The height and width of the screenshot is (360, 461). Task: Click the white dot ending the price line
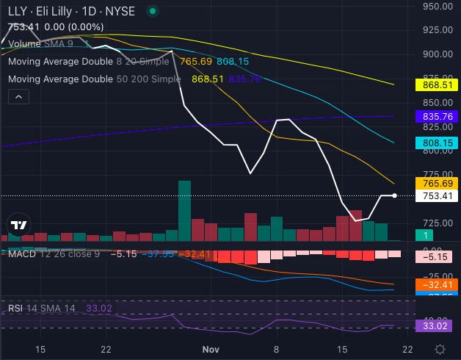coord(395,195)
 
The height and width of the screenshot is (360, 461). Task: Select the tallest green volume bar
coord(184,211)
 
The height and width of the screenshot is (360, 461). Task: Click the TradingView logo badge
coord(20,225)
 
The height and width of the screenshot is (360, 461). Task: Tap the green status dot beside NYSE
coord(152,12)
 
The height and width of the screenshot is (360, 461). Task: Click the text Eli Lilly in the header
coord(52,12)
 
